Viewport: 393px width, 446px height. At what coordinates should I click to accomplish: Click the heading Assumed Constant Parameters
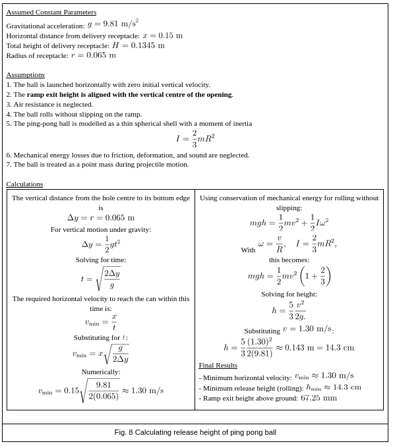click(x=51, y=12)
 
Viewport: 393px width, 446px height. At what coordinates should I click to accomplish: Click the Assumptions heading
click(x=25, y=74)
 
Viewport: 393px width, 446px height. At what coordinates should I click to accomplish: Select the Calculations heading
click(x=24, y=184)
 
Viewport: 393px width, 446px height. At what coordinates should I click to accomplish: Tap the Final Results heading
click(x=218, y=365)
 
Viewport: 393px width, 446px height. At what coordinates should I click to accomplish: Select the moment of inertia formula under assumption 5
click(x=195, y=138)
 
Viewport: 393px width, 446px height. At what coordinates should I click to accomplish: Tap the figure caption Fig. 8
click(x=195, y=432)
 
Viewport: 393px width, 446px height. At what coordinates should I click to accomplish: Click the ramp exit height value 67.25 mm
click(x=318, y=398)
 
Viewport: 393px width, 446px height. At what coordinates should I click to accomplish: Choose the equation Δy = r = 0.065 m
click(x=101, y=218)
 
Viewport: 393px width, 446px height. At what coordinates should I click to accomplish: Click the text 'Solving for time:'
click(x=101, y=260)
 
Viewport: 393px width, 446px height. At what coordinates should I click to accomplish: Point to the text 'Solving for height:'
click(x=289, y=294)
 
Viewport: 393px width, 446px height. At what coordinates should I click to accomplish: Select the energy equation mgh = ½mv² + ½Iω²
click(x=289, y=223)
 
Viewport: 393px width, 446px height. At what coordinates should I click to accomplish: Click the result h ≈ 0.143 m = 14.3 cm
click(x=289, y=347)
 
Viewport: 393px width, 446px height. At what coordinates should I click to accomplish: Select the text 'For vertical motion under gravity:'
click(x=101, y=229)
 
